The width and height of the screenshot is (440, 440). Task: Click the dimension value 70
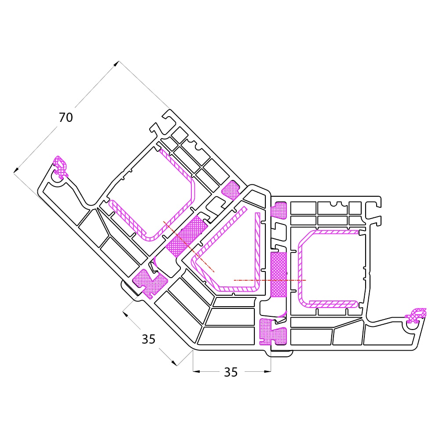pos(66,117)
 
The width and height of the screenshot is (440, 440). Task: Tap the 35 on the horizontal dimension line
pos(231,372)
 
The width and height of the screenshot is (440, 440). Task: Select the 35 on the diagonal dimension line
pos(148,339)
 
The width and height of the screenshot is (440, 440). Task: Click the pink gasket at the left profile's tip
pos(61,167)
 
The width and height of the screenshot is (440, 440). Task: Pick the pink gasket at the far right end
pos(416,315)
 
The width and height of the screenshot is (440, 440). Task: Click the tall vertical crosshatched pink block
pos(279,275)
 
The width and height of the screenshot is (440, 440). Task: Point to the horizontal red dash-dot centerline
pos(270,280)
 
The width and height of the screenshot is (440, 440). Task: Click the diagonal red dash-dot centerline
pos(189,246)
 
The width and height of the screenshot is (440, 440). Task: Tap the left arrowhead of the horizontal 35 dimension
pos(196,371)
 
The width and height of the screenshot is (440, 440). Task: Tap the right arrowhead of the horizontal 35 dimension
pos(268,371)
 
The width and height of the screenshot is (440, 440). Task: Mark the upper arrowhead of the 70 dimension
pos(116,64)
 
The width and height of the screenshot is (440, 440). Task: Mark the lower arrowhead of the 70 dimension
pos(16,170)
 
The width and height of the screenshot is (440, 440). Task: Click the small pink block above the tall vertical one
pos(279,209)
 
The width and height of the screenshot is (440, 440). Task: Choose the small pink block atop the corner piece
pos(231,190)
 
